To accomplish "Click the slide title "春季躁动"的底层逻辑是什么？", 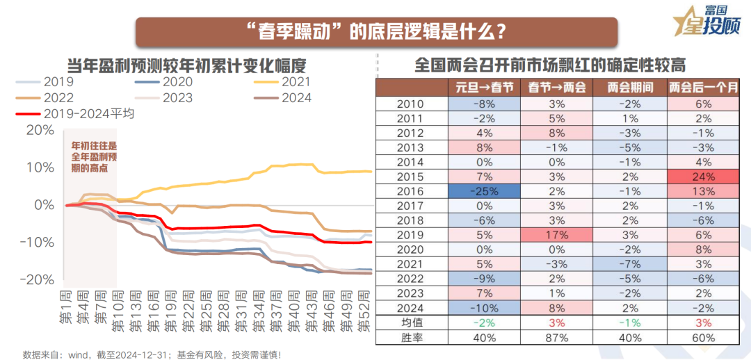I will pyautogui.click(x=375, y=32).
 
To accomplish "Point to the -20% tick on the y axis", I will pyautogui.click(x=39, y=279).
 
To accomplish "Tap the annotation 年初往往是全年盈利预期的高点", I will pyautogui.click(x=94, y=157).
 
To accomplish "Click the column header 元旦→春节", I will pyautogui.click(x=484, y=88).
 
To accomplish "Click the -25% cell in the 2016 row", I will pyautogui.click(x=484, y=191).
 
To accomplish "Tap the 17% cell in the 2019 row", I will pyautogui.click(x=557, y=235).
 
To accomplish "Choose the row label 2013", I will pyautogui.click(x=411, y=147).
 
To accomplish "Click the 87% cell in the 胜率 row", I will pyautogui.click(x=557, y=338).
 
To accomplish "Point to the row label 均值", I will pyautogui.click(x=411, y=323).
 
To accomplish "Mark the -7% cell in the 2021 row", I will pyautogui.click(x=629, y=264).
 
